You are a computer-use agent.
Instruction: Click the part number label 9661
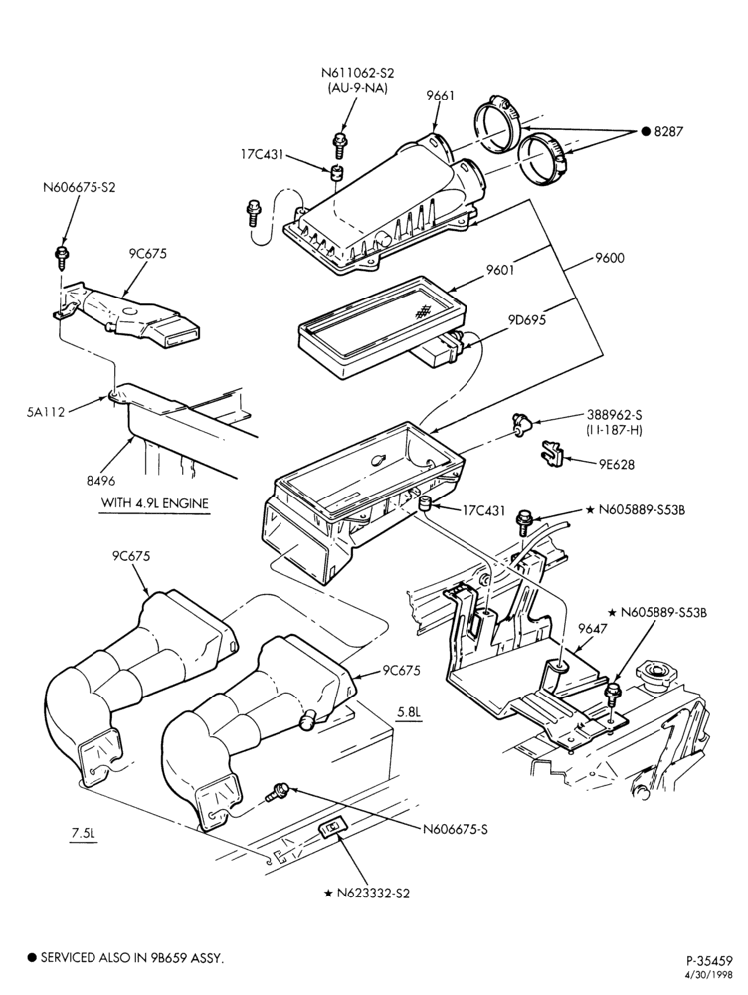pos(441,96)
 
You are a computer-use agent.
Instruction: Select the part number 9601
pos(500,270)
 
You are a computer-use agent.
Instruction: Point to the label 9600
pos(610,258)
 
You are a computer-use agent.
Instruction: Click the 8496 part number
pos(100,481)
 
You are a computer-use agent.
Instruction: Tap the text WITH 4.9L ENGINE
pos(155,503)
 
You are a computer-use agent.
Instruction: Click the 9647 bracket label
pos(591,629)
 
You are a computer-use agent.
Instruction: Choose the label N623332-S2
pos(373,893)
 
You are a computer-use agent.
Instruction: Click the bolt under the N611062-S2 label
pos(339,145)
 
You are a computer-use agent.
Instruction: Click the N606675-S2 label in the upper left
pos(80,188)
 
